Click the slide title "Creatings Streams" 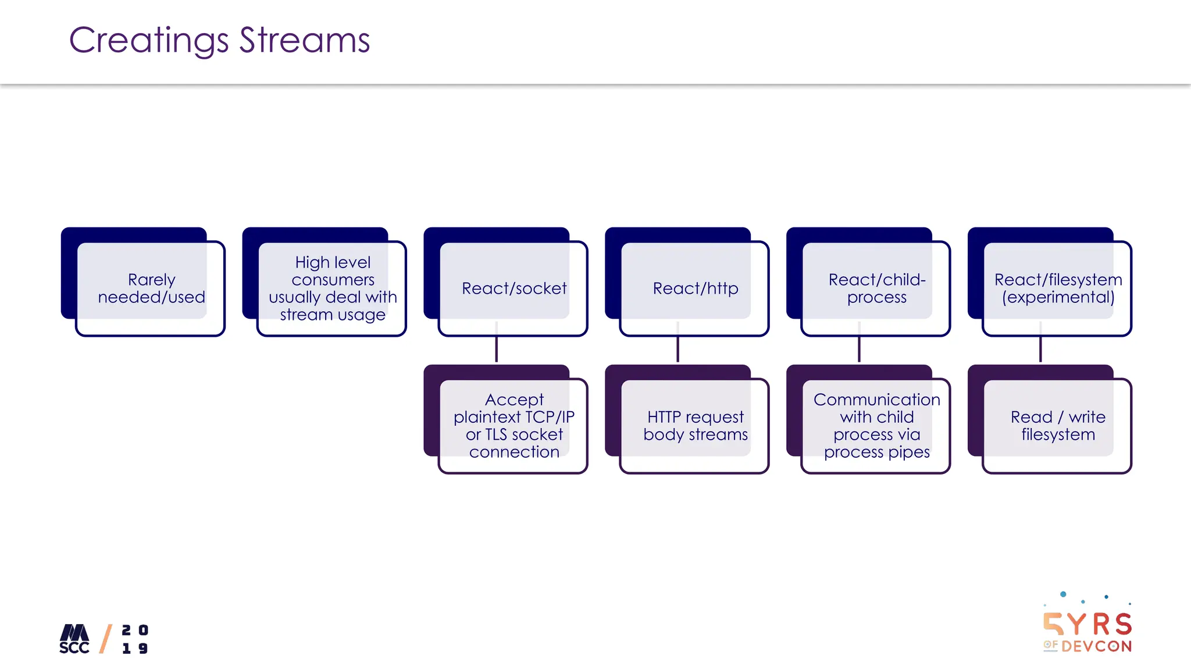(219, 41)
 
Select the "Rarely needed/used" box (151, 288)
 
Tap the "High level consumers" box (333, 288)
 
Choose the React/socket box (514, 288)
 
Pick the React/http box (696, 288)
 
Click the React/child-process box (877, 288)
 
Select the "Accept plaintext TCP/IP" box (514, 426)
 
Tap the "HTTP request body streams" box (696, 426)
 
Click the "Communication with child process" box (877, 426)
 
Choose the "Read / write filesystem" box (1058, 426)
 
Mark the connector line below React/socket (496, 350)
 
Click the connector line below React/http (677, 350)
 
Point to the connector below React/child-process (859, 350)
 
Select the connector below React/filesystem (1040, 350)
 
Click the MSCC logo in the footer (74, 639)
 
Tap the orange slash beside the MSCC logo (105, 639)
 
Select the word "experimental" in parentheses (1058, 298)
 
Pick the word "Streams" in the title (305, 41)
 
